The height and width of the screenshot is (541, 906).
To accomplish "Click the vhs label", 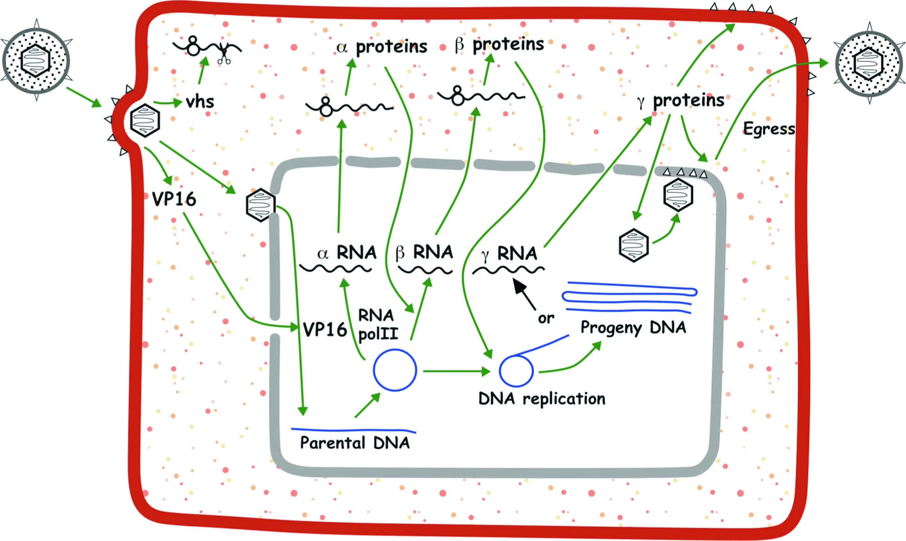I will pos(200,102).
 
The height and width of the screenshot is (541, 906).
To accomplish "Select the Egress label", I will pos(769,129).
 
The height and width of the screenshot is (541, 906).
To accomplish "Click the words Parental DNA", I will pos(354,443).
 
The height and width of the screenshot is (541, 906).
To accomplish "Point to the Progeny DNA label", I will pos(633,327).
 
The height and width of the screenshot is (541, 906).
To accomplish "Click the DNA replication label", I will pos(542,399).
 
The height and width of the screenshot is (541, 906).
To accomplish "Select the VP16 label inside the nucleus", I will pos(325,330).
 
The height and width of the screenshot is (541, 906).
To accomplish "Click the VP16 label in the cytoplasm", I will pos(174,199).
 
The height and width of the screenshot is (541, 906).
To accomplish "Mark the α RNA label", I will pos(346,253).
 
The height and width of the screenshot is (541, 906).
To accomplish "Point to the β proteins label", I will pos(499,44).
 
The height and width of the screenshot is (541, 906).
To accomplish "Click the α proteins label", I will pos(382,47).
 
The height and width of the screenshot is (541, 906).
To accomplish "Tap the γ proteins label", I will pos(681,101).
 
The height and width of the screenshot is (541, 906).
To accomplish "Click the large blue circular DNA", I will pos(395,370).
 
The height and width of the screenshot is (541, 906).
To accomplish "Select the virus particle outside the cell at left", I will pos(36,60).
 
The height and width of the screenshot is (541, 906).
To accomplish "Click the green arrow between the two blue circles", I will pos(456,371).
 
